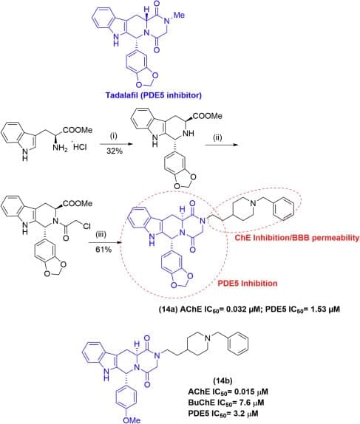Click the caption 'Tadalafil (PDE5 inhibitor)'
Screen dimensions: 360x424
[154, 95]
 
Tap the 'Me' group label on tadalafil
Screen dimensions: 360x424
[179, 15]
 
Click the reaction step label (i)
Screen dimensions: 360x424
[114, 136]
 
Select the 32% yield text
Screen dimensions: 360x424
[115, 151]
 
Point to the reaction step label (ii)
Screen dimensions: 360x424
[217, 137]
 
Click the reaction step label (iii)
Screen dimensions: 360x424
[101, 234]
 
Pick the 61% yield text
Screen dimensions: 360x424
[103, 250]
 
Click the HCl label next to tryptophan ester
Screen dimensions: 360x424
[80, 147]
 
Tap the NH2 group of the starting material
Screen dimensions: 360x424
[60, 148]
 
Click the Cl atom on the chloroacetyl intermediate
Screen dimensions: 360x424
[86, 226]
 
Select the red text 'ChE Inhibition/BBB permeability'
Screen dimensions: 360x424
[297, 238]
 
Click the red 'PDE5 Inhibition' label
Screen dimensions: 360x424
[248, 284]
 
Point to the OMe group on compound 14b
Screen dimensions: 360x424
[132, 420]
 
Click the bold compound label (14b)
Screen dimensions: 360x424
[223, 381]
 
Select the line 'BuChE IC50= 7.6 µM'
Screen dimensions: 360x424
[226, 403]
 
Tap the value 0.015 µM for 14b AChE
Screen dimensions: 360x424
[251, 391]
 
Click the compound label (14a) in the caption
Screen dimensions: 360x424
[168, 309]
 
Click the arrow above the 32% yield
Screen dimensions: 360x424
[116, 144]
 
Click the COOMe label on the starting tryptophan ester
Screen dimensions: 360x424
[78, 130]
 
